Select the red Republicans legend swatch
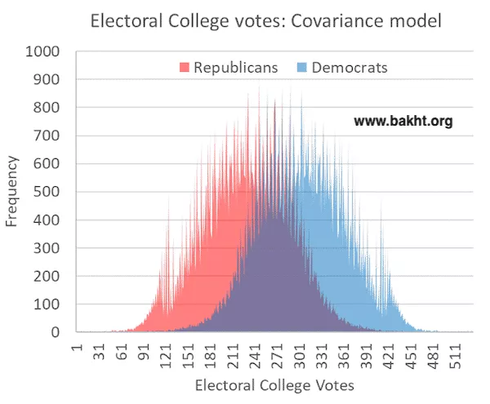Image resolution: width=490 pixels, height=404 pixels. pyautogui.click(x=185, y=67)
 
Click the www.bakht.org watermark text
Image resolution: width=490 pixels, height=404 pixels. pyautogui.click(x=403, y=122)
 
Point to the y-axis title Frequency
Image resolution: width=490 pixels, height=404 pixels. pyautogui.click(x=12, y=193)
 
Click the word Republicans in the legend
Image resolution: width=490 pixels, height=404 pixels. pyautogui.click(x=235, y=67)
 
